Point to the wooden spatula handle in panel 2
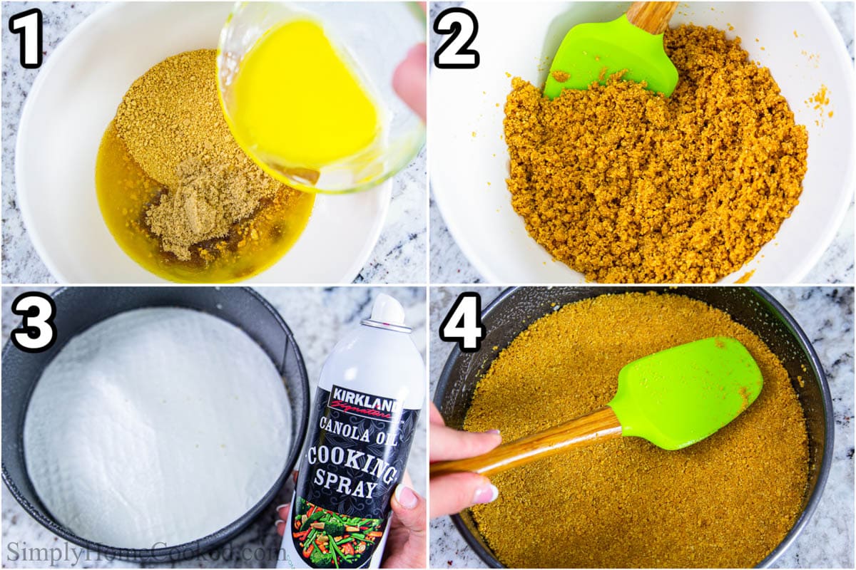point(653,14)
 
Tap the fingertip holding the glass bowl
point(412,78)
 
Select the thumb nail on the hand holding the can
point(406,497)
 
